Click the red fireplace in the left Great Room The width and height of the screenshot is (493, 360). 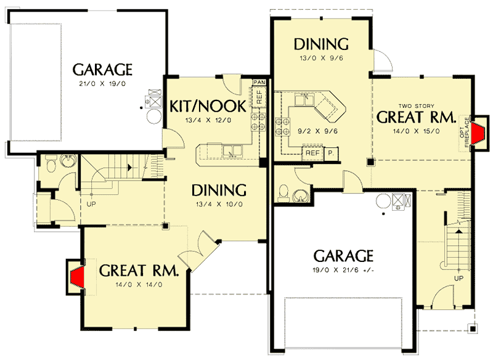coord(77,274)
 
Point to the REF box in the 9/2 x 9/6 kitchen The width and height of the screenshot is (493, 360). coord(312,152)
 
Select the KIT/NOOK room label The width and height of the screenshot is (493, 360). coord(208,105)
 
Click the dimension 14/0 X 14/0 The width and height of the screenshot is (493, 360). coord(139,284)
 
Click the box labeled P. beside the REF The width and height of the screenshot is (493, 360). coord(330,152)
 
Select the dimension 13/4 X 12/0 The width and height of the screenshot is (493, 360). coord(208,120)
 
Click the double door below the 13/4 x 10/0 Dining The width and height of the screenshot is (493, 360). coord(199,253)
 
